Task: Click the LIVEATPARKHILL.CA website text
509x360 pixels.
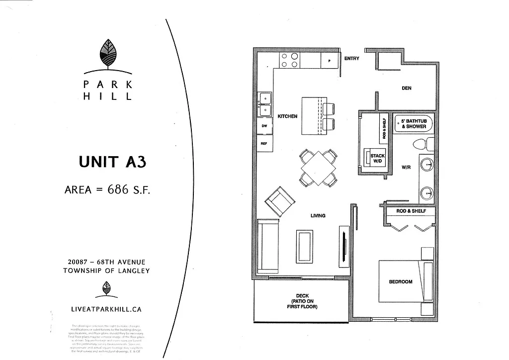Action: coord(106,309)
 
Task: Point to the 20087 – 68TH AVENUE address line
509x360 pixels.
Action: coord(106,262)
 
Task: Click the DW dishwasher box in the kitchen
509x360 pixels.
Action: coord(264,126)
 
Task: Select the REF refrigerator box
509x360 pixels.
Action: coord(264,144)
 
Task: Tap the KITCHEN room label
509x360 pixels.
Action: coord(287,116)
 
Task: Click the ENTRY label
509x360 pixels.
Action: coord(351,59)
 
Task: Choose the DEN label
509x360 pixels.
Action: coord(407,88)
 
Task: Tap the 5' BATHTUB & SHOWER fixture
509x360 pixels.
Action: coord(414,124)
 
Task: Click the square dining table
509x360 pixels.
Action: coord(318,168)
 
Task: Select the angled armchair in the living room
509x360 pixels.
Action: coord(279,201)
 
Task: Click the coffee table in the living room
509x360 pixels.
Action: coord(305,246)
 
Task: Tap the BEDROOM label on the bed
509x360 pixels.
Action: coord(401,282)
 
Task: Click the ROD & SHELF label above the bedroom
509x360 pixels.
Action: coord(411,211)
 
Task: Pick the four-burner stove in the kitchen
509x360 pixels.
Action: coord(290,60)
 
